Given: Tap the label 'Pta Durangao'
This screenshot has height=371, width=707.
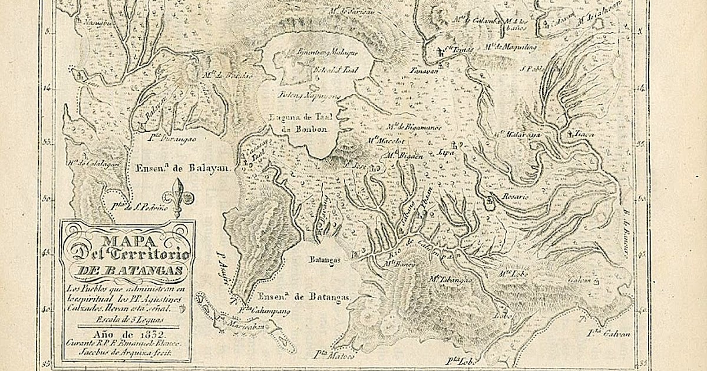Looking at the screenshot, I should [173, 139].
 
